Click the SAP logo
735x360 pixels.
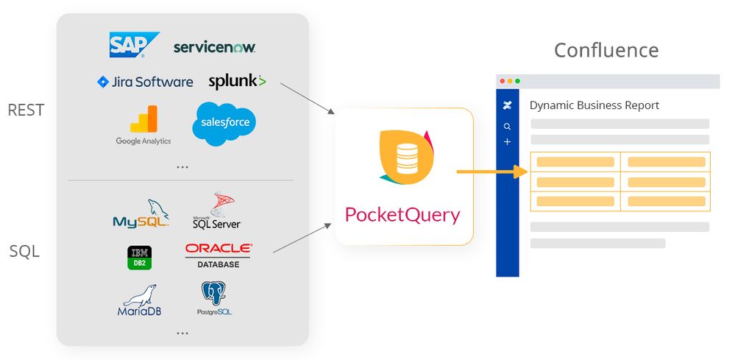click(134, 45)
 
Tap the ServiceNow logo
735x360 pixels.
click(214, 47)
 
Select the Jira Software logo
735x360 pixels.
click(145, 82)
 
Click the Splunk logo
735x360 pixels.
click(237, 81)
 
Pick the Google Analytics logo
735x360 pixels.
click(143, 124)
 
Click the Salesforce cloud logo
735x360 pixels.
click(224, 123)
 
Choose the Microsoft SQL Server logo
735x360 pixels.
click(216, 211)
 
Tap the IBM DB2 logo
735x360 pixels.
click(140, 257)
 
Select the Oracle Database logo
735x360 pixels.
click(218, 255)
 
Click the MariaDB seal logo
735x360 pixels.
click(140, 300)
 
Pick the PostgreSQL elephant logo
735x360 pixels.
click(214, 299)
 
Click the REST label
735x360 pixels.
click(26, 110)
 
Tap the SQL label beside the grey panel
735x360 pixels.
click(24, 252)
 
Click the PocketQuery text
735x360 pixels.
click(402, 215)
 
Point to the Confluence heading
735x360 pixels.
click(606, 50)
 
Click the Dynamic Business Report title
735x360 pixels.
click(594, 105)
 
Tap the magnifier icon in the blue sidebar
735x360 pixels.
click(507, 127)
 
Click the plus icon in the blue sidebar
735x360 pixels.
click(507, 141)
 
